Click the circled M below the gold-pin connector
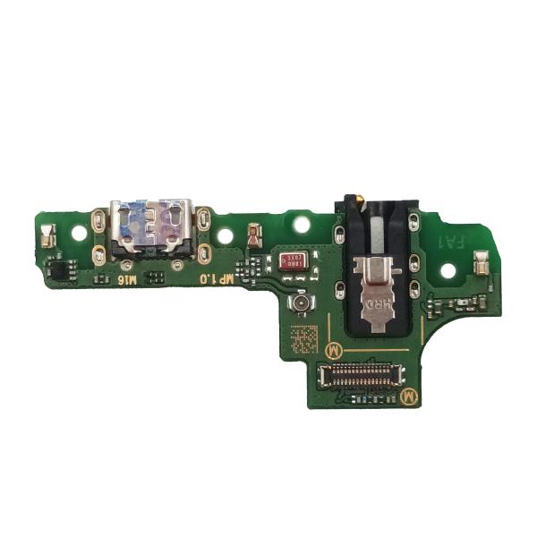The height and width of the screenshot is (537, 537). tap(408, 394)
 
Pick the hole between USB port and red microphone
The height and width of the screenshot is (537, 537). tap(225, 237)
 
